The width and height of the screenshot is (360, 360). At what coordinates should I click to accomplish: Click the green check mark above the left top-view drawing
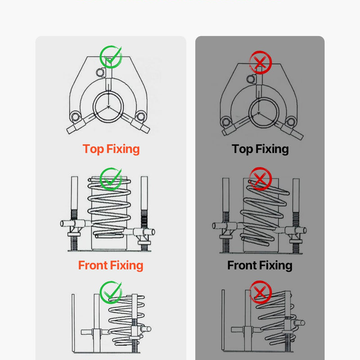(111, 57)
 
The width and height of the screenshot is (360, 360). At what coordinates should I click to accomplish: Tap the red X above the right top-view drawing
(261, 62)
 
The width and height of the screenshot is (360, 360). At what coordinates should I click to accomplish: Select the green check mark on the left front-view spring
(111, 179)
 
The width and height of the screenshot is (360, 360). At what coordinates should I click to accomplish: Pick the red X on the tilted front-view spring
(261, 179)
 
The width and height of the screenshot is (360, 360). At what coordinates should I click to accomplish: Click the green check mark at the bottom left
(111, 292)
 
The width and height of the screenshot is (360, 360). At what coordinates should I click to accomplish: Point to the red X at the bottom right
(261, 292)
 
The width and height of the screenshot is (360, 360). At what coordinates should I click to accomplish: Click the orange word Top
(93, 149)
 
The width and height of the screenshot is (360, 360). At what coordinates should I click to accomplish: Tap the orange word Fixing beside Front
(126, 265)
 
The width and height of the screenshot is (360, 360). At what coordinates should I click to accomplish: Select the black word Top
(242, 149)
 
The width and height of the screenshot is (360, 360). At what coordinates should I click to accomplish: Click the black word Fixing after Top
(272, 149)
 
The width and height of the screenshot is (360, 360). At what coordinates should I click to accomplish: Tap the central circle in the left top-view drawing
(108, 107)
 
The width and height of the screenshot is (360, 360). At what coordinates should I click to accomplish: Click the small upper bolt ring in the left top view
(100, 72)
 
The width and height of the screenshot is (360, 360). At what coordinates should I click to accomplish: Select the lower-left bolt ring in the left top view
(75, 117)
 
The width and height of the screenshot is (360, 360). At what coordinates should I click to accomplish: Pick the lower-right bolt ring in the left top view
(141, 116)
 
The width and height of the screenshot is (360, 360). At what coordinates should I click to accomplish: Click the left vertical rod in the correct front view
(74, 213)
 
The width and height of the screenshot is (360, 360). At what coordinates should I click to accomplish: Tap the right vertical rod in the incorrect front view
(296, 216)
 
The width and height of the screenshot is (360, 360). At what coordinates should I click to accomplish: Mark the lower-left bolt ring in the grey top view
(226, 121)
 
